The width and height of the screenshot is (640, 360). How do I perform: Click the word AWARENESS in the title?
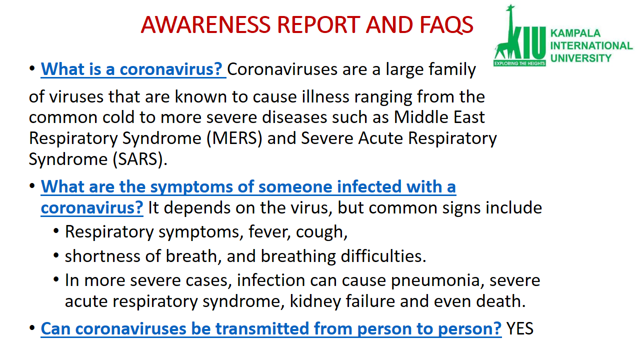click(x=205, y=24)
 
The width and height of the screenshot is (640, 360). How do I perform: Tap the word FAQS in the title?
click(x=446, y=25)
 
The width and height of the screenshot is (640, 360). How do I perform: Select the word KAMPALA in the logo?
click(x=575, y=33)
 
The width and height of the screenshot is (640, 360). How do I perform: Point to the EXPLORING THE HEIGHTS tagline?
click(x=519, y=63)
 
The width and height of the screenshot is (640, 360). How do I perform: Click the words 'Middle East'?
click(x=439, y=117)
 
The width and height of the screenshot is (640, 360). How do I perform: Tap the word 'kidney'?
click(x=315, y=301)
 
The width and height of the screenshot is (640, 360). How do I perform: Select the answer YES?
click(x=519, y=328)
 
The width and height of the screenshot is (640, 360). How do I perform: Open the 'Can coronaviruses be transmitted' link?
click(x=271, y=329)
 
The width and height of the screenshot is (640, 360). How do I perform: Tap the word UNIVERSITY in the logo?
click(x=580, y=58)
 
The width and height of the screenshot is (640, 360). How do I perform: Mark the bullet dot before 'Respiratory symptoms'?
click(x=56, y=231)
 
